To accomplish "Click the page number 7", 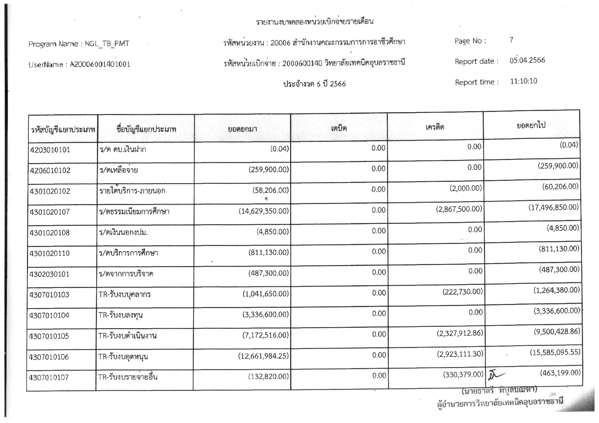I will coord(511,40).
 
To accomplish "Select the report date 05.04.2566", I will coord(527,60).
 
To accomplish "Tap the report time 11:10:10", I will coord(524,81).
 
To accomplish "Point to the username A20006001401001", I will coord(100,64).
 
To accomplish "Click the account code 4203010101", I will coord(50,150).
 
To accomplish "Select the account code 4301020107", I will coord(50,212).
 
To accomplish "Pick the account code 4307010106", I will coord(49,357).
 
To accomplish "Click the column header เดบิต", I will coord(339,128).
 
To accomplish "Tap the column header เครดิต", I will coord(435,127).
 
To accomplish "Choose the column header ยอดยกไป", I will coord(531,125).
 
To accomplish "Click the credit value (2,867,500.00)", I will coord(459,209).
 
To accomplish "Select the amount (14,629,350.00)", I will coord(263,211).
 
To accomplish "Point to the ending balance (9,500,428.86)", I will coord(557,332).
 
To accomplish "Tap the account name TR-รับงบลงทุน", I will coord(120,315).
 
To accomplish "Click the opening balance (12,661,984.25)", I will coord(263,356).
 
